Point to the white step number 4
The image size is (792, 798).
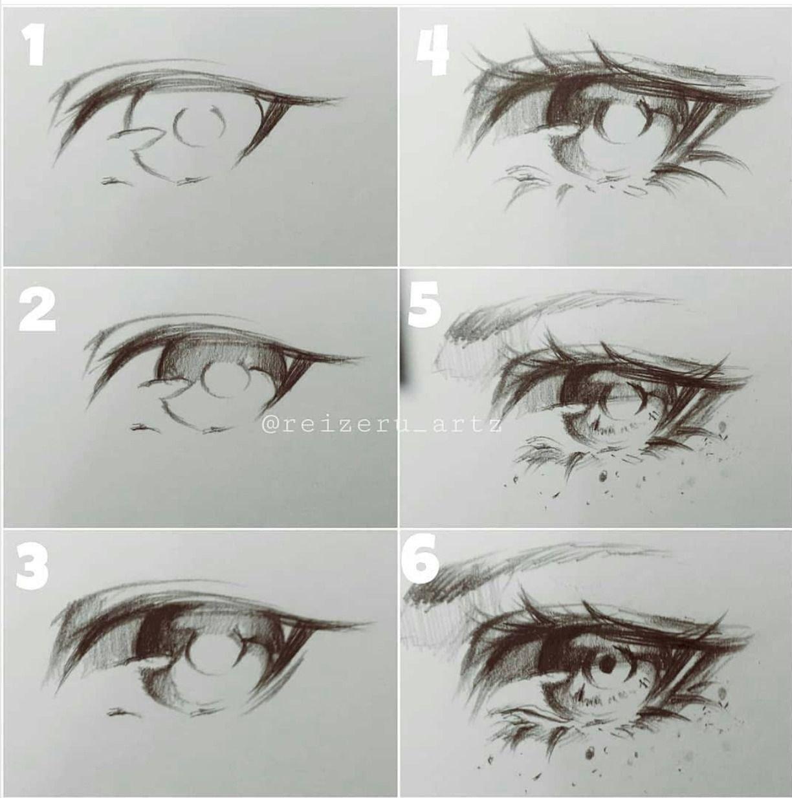[432, 50]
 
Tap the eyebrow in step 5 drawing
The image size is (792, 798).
[555, 315]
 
